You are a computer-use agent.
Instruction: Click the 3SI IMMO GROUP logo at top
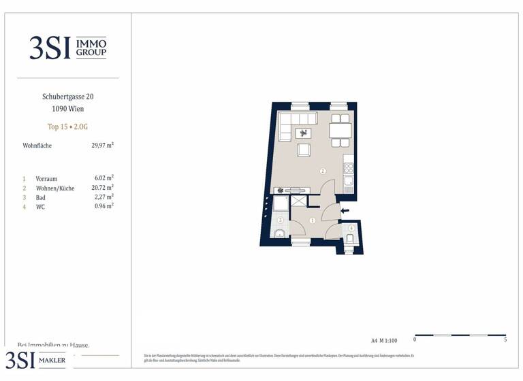(x=67, y=47)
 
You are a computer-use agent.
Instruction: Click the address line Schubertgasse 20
(x=67, y=97)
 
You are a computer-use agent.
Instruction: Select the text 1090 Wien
(x=67, y=109)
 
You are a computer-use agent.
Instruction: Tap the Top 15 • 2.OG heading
(x=67, y=127)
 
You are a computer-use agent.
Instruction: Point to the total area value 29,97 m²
(x=102, y=145)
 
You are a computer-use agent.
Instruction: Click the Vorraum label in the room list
(x=46, y=178)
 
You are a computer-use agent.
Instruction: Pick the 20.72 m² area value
(x=104, y=187)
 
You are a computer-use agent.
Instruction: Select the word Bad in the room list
(x=42, y=197)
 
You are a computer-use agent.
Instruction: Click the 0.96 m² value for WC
(x=104, y=206)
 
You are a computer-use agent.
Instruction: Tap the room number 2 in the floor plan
(x=323, y=171)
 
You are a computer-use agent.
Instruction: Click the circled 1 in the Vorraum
(x=312, y=220)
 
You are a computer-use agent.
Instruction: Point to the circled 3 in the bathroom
(x=279, y=220)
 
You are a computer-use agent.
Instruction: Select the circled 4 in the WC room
(x=351, y=229)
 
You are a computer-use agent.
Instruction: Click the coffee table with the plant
(x=304, y=133)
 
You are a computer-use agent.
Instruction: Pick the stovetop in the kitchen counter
(x=349, y=166)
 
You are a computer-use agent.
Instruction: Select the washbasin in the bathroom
(x=279, y=235)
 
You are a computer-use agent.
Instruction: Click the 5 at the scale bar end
(x=505, y=339)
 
